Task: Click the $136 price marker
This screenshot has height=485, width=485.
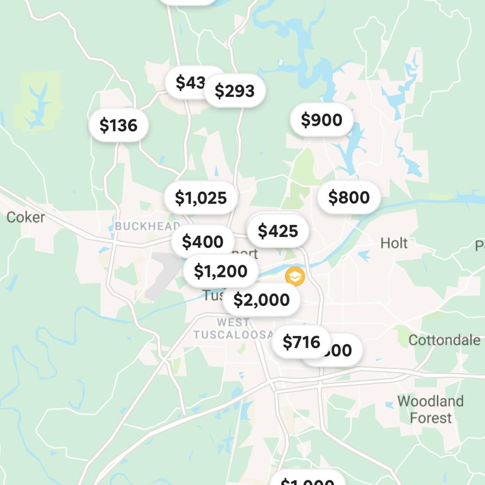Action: tap(118, 126)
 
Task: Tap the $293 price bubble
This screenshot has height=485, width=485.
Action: tap(235, 91)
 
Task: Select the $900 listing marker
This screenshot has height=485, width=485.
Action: tap(322, 120)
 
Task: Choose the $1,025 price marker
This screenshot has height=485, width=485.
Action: tap(201, 198)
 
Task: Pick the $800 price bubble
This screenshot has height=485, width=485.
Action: tap(349, 197)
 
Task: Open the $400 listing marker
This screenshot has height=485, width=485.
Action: tap(202, 241)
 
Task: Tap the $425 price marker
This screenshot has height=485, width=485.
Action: tap(278, 231)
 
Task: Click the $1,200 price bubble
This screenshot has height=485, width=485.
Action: tap(221, 272)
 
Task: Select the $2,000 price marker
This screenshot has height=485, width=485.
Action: tap(261, 300)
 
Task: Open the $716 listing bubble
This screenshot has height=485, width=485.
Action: tap(301, 342)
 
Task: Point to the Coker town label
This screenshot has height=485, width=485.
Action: tap(26, 217)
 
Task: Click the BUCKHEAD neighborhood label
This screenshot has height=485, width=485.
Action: tap(147, 226)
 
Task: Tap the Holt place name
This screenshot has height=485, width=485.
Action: tap(394, 243)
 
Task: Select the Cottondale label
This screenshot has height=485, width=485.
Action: tap(444, 340)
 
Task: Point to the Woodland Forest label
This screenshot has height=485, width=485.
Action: tap(430, 409)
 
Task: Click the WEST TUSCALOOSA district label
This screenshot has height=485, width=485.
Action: tap(233, 329)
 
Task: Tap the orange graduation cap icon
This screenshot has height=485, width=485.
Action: tap(294, 276)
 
